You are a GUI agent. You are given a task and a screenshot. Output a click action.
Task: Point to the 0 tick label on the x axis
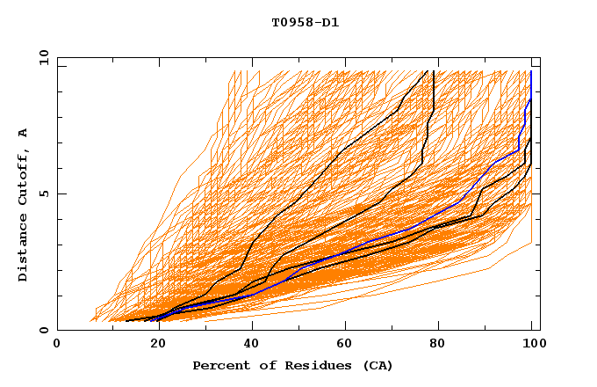[57, 345]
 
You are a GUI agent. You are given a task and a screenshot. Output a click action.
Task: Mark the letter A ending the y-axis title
[24, 132]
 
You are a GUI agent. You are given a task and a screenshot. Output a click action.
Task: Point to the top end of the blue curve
[531, 72]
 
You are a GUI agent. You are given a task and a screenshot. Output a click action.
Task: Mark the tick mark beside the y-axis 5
[61, 194]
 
